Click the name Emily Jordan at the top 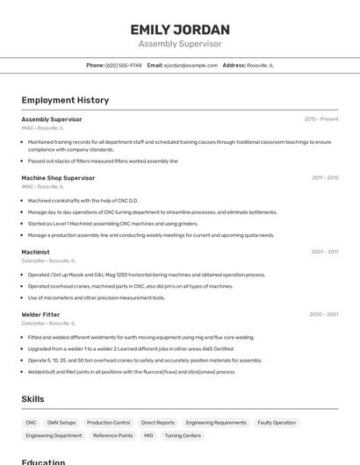coord(180,29)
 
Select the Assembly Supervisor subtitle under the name coord(180,44)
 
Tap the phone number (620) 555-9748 coord(123,65)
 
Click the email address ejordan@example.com coord(191,65)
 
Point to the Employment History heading coord(65,100)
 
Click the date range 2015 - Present coord(320,118)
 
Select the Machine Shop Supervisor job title coord(58,177)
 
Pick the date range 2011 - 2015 coord(325,177)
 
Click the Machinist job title coord(35,252)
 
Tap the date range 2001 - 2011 coord(325,252)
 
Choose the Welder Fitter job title coord(40,314)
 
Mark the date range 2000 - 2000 coord(323,314)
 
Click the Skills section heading coord(32,399)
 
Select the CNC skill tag coord(31,422)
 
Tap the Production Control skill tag coord(108,422)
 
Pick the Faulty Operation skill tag coord(277,422)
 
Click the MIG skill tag coord(148,435)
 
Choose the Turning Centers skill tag coord(183,435)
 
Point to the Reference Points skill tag coord(112,435)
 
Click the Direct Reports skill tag coord(158,422)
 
